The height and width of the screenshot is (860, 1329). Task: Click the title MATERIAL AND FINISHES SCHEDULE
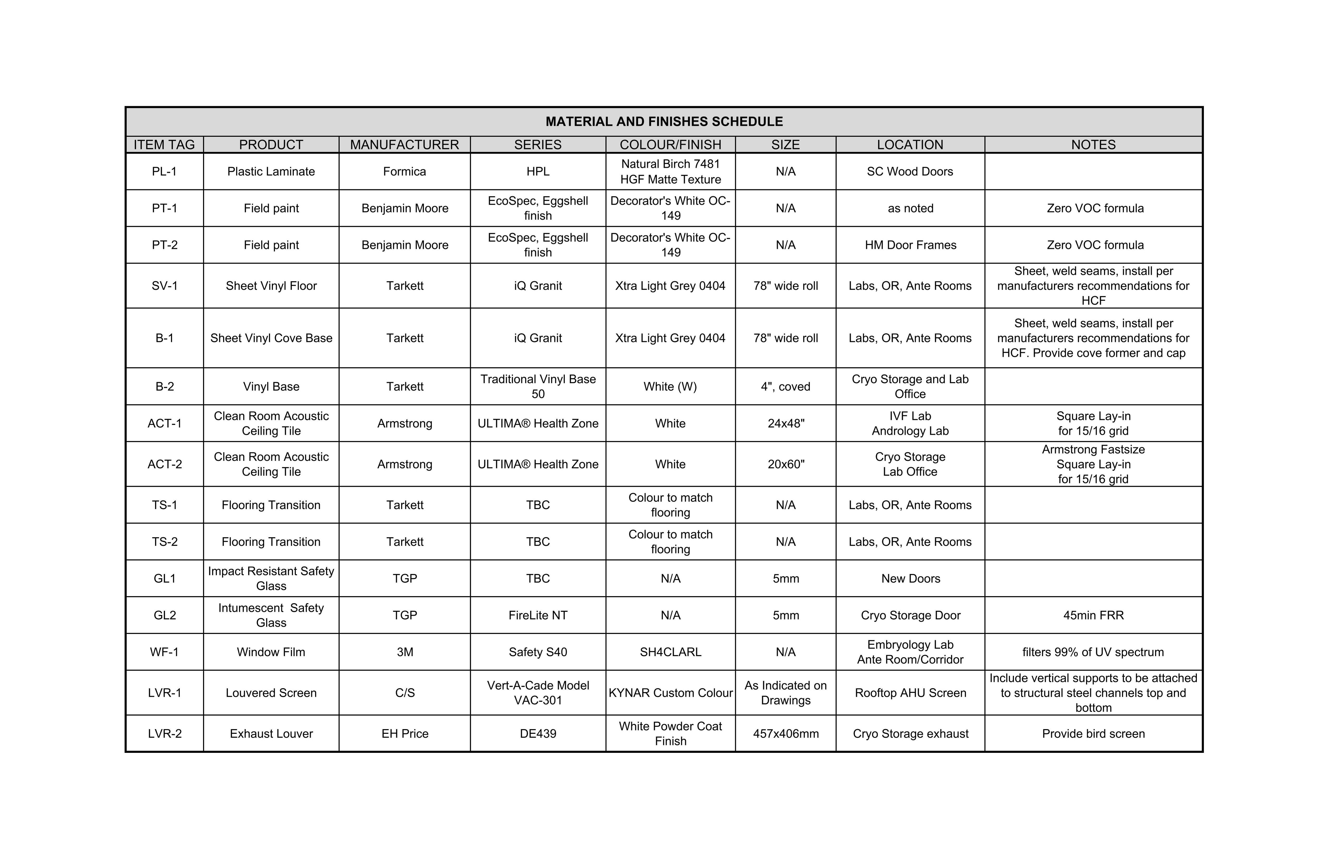pos(664,122)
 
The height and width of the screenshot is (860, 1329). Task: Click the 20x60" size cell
pos(785,464)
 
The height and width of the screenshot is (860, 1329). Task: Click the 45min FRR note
pos(1093,615)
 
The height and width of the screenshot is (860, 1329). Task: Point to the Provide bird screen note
pos(1093,733)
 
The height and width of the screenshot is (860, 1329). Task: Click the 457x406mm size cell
pos(785,733)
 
